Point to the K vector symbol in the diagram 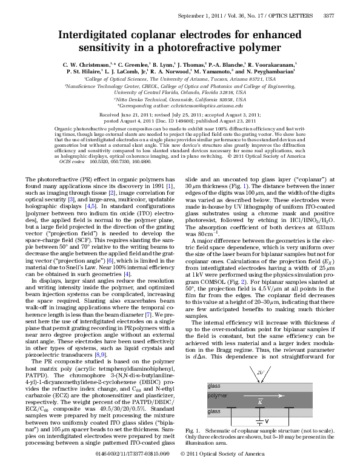tap(260, 401)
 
